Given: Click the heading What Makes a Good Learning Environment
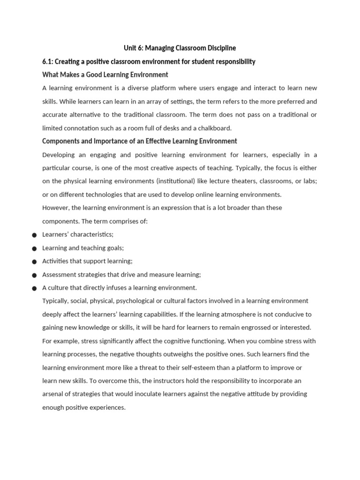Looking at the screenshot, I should click(x=105, y=75).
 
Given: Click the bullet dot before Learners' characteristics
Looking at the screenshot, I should click(x=34, y=235).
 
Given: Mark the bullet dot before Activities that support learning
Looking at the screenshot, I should click(x=34, y=262).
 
